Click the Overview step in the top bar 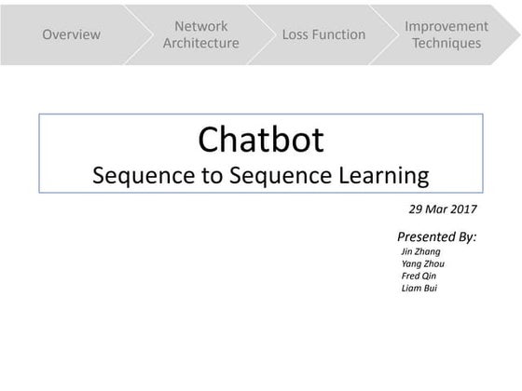point(71,34)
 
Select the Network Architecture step point(200,34)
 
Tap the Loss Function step point(323,34)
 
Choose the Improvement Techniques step point(446,34)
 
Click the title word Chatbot point(261,140)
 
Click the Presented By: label point(436,236)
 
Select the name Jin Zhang point(420,251)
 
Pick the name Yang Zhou point(422,263)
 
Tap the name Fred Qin point(418,276)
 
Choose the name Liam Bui point(419,288)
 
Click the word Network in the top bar point(200,26)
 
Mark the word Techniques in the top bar point(446,43)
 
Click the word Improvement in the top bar point(446,26)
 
